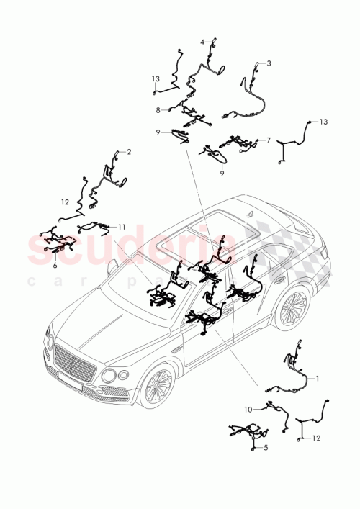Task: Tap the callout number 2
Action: click(x=128, y=152)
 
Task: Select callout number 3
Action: click(x=269, y=63)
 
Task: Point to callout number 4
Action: click(x=202, y=41)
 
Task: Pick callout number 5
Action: click(x=265, y=448)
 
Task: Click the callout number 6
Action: click(x=55, y=264)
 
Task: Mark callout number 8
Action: click(x=158, y=110)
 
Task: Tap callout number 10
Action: click(x=248, y=409)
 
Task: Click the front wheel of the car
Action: click(x=156, y=385)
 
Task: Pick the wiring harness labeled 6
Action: click(x=58, y=240)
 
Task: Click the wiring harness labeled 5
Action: click(x=245, y=436)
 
